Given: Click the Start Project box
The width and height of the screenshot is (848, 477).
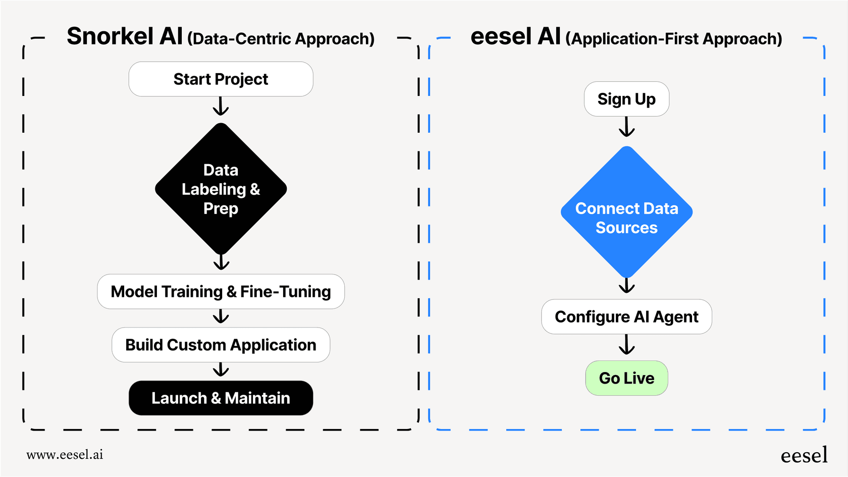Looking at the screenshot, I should pyautogui.click(x=221, y=79).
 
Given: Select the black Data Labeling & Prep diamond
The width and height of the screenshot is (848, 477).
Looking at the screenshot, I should pyautogui.click(x=221, y=189).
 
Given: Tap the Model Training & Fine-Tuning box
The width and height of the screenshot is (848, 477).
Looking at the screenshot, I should pyautogui.click(x=221, y=292).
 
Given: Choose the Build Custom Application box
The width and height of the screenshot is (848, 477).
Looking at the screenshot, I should pyautogui.click(x=221, y=345).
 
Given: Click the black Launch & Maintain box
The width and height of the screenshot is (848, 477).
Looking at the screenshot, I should pyautogui.click(x=221, y=398).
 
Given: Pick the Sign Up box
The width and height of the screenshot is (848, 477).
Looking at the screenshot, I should pyautogui.click(x=626, y=99).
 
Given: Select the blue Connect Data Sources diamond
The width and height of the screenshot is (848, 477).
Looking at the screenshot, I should pyautogui.click(x=626, y=212).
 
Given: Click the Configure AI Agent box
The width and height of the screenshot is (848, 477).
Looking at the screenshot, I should pyautogui.click(x=626, y=317).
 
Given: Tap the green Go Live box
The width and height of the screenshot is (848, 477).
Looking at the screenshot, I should pyautogui.click(x=626, y=378).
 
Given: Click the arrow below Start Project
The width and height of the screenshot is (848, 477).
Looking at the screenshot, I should pyautogui.click(x=221, y=107).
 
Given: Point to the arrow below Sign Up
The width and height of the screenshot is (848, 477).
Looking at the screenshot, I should pyautogui.click(x=626, y=127).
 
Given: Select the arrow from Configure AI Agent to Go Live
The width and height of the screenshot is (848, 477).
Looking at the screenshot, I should pyautogui.click(x=626, y=345).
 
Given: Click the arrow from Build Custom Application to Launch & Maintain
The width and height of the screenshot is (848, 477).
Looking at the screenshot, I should pyautogui.click(x=221, y=370).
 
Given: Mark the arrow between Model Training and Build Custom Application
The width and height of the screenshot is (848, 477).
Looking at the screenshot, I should pyautogui.click(x=221, y=316).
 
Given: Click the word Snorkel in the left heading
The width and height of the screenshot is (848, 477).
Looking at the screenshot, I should pyautogui.click(x=110, y=36).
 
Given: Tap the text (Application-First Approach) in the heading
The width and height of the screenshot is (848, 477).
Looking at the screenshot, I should pyautogui.click(x=674, y=39).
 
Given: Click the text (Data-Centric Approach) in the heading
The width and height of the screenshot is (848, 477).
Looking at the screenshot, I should pyautogui.click(x=281, y=39).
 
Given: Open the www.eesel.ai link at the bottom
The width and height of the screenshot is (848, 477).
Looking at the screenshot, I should pyautogui.click(x=65, y=455).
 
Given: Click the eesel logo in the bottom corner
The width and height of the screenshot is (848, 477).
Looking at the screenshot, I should pyautogui.click(x=804, y=456).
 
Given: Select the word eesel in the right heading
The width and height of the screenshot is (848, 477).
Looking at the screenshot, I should pyautogui.click(x=501, y=36).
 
